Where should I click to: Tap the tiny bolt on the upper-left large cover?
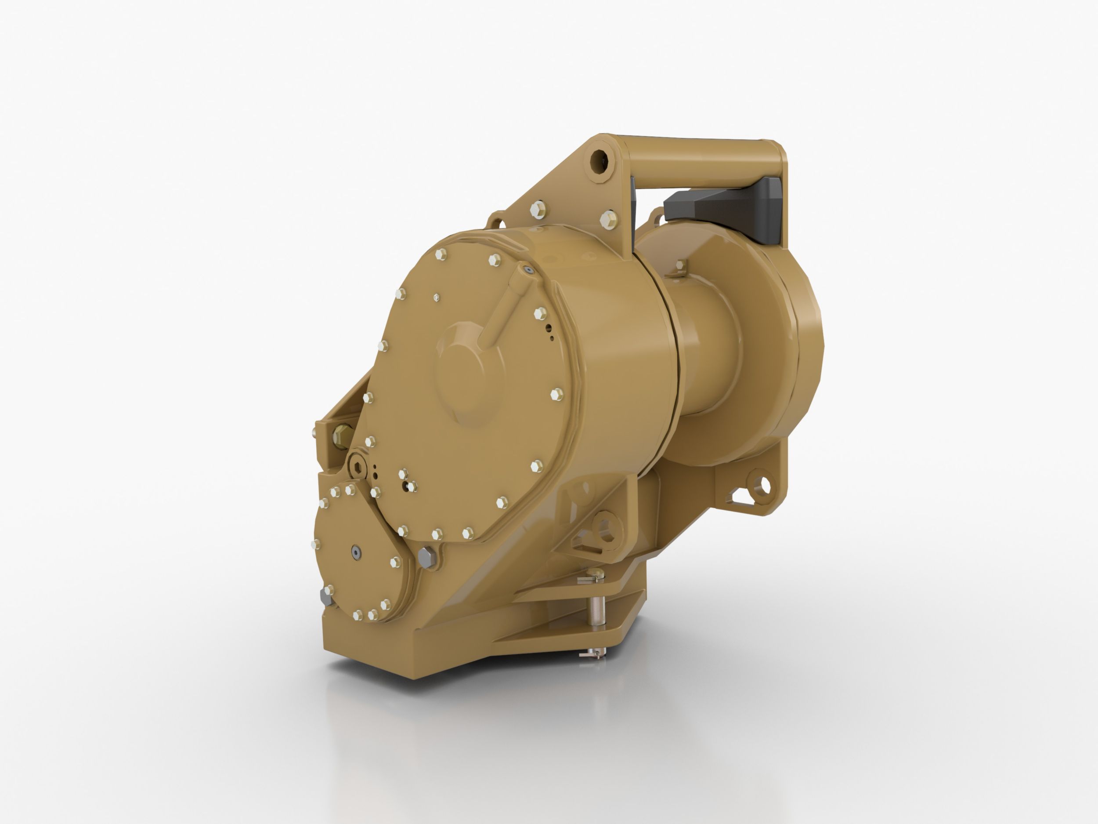pyautogui.click(x=436, y=297)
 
